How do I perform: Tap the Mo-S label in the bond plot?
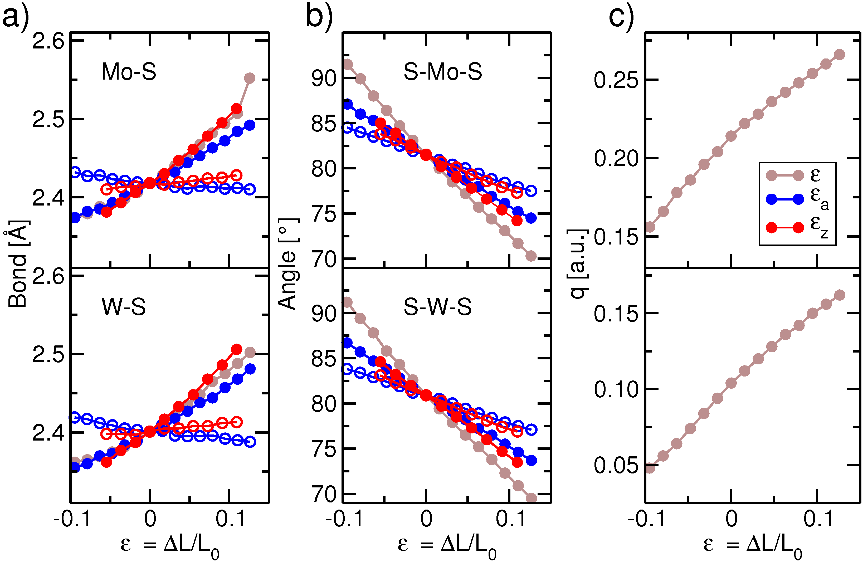pos(129,71)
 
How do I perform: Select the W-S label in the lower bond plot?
pos(124,307)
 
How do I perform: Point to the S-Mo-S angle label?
pos(443,71)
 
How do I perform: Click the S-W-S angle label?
pos(438,307)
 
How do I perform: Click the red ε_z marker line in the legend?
pos(785,228)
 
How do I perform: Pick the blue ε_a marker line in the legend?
pos(785,199)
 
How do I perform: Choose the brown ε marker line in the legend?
pos(785,175)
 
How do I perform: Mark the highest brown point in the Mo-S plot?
pos(250,78)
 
